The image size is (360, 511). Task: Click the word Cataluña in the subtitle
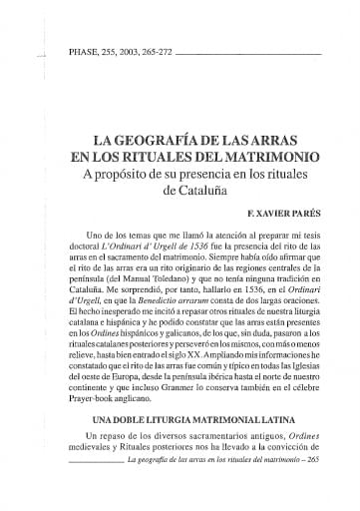199,190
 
